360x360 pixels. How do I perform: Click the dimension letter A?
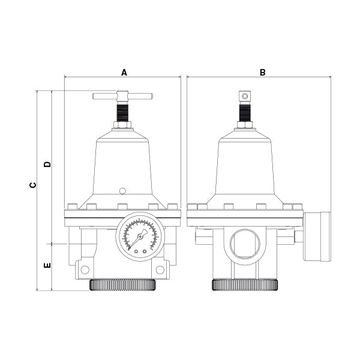point(124,72)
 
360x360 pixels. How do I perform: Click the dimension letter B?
point(262,72)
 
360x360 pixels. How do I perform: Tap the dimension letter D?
point(47,164)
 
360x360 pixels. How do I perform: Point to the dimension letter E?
point(47,265)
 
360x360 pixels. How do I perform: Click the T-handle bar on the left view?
point(122,95)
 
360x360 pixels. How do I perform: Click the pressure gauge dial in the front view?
point(140,236)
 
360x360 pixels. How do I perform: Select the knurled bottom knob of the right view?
point(245,285)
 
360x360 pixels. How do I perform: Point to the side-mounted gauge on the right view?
point(317,236)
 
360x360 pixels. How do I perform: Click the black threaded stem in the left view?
point(122,112)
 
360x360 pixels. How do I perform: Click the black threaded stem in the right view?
point(244,112)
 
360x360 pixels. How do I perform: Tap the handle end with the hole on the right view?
point(244,96)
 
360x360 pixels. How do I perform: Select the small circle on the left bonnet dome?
point(122,191)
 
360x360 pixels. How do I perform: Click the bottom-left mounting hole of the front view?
point(84,269)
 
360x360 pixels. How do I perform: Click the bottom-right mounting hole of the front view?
point(160,269)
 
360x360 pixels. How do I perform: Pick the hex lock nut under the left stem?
point(122,125)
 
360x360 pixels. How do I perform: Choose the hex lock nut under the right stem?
point(244,125)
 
